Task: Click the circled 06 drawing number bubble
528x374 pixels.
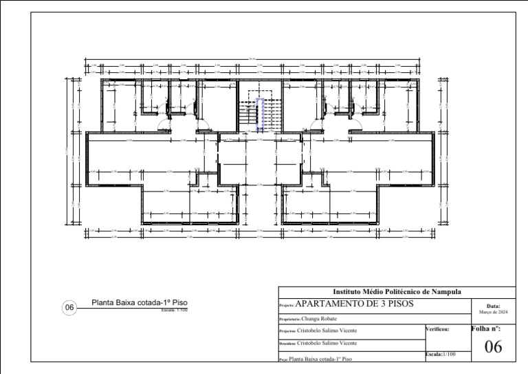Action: (69, 308)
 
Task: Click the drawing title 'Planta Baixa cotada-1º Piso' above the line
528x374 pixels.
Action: (140, 303)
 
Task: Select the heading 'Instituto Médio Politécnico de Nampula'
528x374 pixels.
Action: (397, 293)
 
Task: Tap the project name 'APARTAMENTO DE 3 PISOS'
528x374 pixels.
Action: (354, 304)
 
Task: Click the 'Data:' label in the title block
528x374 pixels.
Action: (493, 306)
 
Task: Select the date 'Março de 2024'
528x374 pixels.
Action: (493, 312)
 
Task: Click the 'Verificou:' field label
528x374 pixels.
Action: (438, 330)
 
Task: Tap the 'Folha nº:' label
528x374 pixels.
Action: (486, 329)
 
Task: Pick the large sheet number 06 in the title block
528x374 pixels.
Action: (493, 348)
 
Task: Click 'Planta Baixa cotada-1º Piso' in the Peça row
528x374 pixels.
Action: (320, 359)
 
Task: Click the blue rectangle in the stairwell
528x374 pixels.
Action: (261, 114)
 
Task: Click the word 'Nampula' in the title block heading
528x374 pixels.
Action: (444, 293)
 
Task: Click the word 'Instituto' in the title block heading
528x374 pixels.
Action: (348, 293)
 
